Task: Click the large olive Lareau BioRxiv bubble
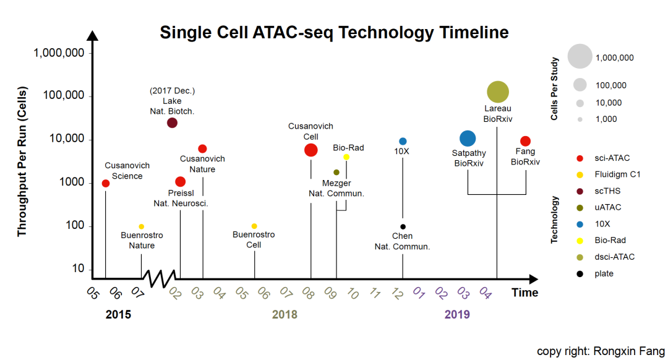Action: pyautogui.click(x=498, y=92)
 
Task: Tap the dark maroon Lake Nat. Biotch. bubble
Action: pyautogui.click(x=172, y=122)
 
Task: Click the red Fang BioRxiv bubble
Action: pyautogui.click(x=525, y=141)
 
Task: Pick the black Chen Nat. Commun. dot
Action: pyautogui.click(x=403, y=227)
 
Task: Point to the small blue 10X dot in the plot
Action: pyautogui.click(x=403, y=141)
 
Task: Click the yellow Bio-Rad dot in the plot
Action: pyautogui.click(x=346, y=157)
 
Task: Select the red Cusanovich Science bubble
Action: pyautogui.click(x=106, y=183)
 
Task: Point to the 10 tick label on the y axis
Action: pyautogui.click(x=78, y=269)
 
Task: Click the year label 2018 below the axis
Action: pyautogui.click(x=285, y=314)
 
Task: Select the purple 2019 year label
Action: pyautogui.click(x=457, y=314)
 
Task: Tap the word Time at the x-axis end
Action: pyautogui.click(x=525, y=293)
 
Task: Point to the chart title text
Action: pyautogui.click(x=334, y=32)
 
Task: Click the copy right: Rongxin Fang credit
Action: pyautogui.click(x=600, y=351)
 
